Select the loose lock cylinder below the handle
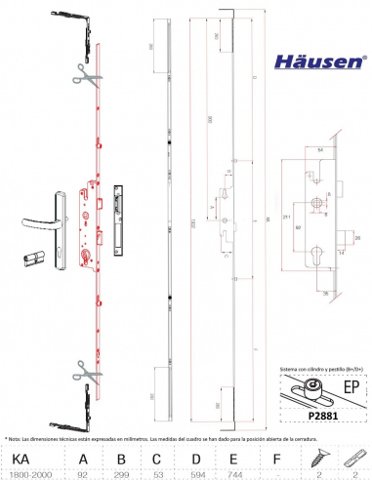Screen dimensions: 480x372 (x=34, y=260)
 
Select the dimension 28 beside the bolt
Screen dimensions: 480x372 (x=357, y=237)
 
